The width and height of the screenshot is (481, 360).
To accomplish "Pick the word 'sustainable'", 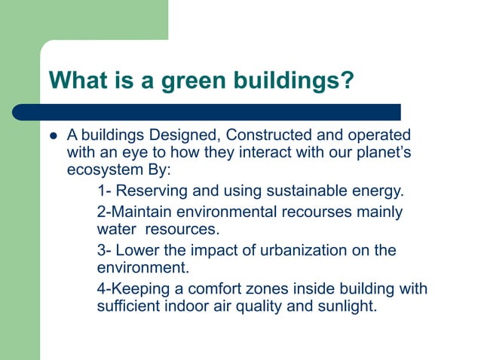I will tap(292, 189).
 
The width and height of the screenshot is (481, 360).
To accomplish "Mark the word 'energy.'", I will tap(370, 189).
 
